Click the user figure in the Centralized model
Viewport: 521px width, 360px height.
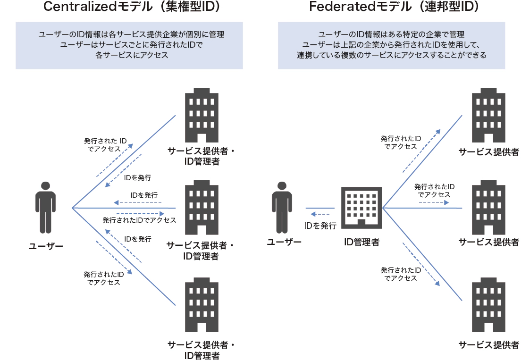46,208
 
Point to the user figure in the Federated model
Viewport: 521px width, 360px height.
282,208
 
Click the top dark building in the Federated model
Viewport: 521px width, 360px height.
489,115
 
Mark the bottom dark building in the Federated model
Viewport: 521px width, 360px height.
489,307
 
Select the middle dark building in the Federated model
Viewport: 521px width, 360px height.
489,208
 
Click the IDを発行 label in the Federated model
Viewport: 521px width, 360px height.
320,226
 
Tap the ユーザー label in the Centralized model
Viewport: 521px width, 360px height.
46,246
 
